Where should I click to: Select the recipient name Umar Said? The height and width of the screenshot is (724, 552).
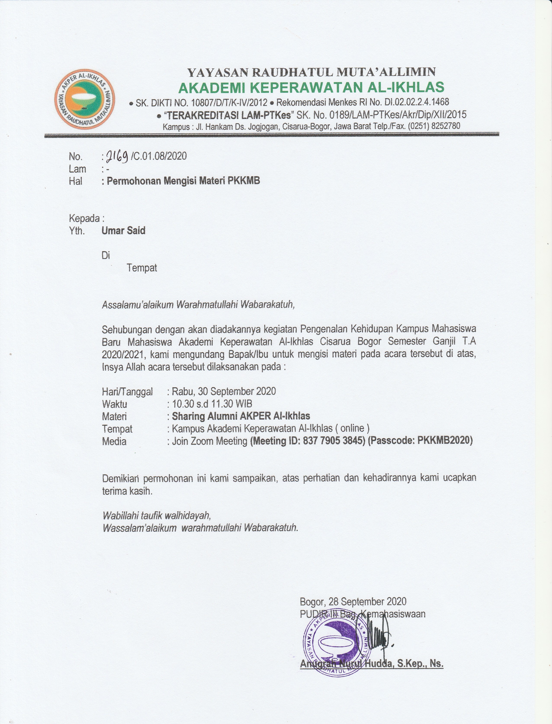[x=124, y=231]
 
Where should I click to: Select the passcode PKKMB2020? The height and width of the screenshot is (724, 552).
[x=444, y=440]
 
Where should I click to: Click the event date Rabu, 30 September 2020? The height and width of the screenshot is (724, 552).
[x=224, y=391]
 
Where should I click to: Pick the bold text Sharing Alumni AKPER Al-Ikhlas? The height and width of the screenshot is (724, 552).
[x=241, y=416]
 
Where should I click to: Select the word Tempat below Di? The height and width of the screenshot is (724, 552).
[x=142, y=268]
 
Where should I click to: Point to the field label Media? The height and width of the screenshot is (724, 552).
[x=114, y=441]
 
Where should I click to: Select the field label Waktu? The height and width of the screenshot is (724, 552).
[x=114, y=404]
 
